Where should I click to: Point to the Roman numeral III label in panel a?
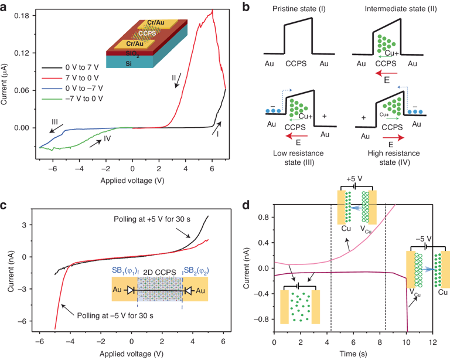[x=54, y=123]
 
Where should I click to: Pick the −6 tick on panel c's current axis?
[x=23, y=321]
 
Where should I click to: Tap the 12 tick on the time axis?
[x=432, y=342]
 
